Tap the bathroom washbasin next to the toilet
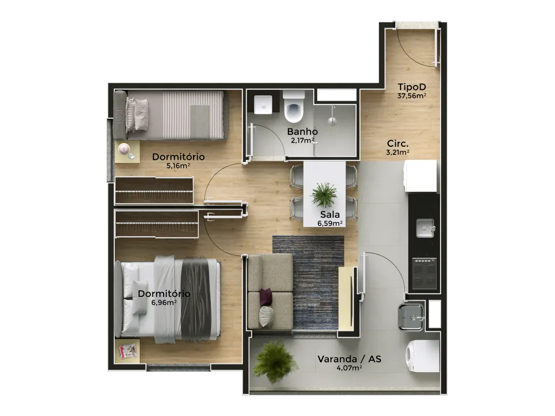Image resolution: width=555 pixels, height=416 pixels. point(263,105)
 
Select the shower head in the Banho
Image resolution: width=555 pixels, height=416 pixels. point(332,121)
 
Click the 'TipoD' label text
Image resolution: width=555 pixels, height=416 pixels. point(412,87)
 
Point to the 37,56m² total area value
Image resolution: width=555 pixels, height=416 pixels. point(412,95)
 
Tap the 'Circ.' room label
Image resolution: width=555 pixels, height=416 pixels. point(398,144)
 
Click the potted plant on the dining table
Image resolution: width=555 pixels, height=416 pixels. point(324,194)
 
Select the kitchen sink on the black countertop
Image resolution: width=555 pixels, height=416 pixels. point(425,228)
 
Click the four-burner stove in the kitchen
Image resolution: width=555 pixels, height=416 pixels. point(424,274)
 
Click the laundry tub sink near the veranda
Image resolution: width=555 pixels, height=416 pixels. point(411,317)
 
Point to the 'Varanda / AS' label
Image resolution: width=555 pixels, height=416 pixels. point(350,359)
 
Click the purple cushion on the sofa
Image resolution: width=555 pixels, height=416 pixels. point(266,296)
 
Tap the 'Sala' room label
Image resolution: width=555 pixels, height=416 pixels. point(330,214)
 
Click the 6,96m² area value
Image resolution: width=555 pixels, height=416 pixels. point(164,302)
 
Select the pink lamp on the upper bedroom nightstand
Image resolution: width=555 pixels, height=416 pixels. point(124,148)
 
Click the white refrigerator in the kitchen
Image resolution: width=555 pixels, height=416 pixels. point(421,176)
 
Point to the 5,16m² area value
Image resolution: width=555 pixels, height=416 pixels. point(178,166)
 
